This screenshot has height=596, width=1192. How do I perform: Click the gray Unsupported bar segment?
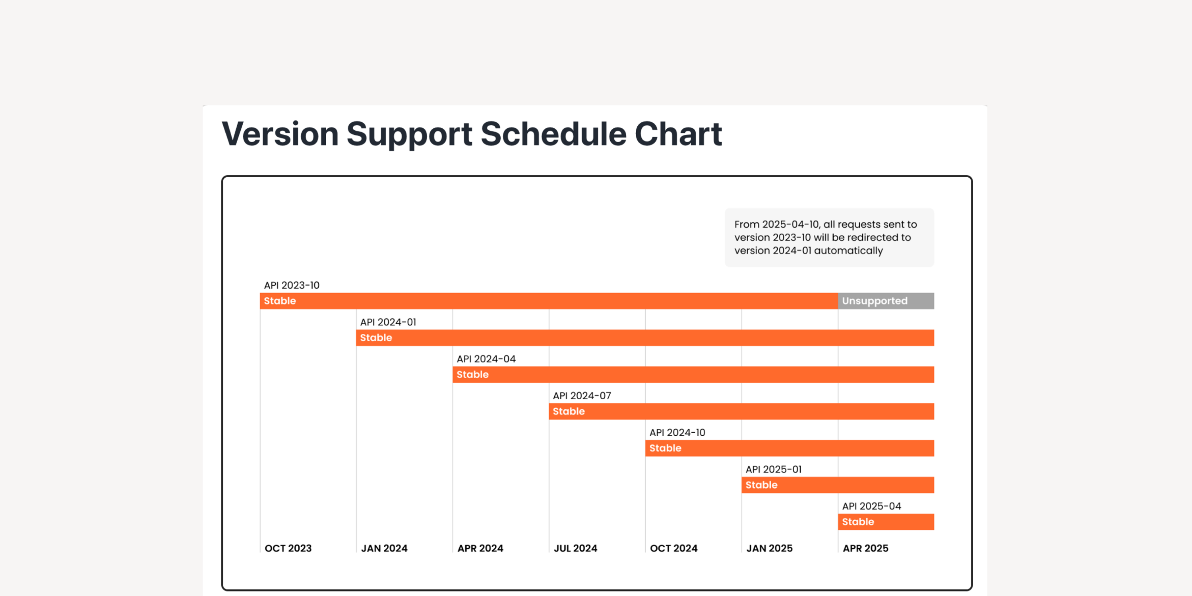886,301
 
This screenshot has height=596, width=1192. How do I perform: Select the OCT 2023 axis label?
288,548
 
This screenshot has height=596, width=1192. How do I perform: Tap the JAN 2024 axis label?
384,548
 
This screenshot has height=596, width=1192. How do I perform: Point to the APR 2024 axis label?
480,548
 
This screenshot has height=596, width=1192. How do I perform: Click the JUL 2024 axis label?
576,548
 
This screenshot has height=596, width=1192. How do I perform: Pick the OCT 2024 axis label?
674,548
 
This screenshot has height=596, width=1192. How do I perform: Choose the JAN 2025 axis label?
770,548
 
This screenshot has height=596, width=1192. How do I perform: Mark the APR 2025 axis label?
866,548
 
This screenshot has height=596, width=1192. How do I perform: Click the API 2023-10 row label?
292,285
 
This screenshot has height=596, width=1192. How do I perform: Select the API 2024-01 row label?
388,322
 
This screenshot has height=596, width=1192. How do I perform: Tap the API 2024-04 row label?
486,359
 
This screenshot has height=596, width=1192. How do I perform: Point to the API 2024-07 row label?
582,396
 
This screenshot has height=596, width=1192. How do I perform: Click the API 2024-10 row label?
677,432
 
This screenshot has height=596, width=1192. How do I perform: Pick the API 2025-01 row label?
774,469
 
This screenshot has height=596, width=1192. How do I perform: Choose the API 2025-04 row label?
872,506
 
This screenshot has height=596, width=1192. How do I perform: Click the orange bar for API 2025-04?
886,521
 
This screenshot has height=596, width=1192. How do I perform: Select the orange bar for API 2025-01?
838,485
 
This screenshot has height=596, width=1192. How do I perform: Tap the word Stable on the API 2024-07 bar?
569,411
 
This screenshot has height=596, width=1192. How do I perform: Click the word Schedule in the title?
554,134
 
